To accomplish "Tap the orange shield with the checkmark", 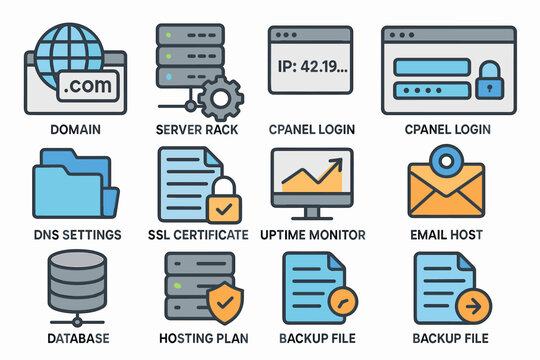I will (222, 300).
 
